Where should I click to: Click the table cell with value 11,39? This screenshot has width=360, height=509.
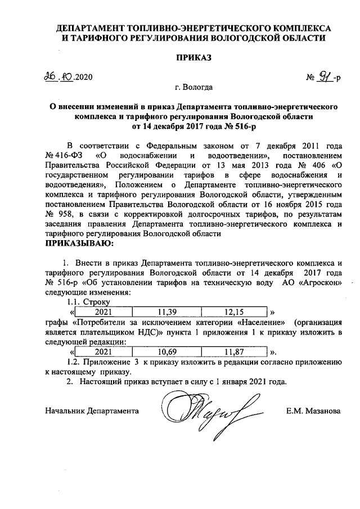[166, 312]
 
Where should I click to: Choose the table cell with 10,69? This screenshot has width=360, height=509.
[166, 352]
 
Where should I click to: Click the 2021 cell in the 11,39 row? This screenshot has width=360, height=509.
[103, 312]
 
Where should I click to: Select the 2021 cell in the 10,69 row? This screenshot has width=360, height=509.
[103, 352]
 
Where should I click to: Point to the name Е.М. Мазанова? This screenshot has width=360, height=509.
[313, 411]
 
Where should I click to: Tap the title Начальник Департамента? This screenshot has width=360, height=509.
[92, 411]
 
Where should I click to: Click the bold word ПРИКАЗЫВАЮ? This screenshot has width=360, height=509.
[79, 244]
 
